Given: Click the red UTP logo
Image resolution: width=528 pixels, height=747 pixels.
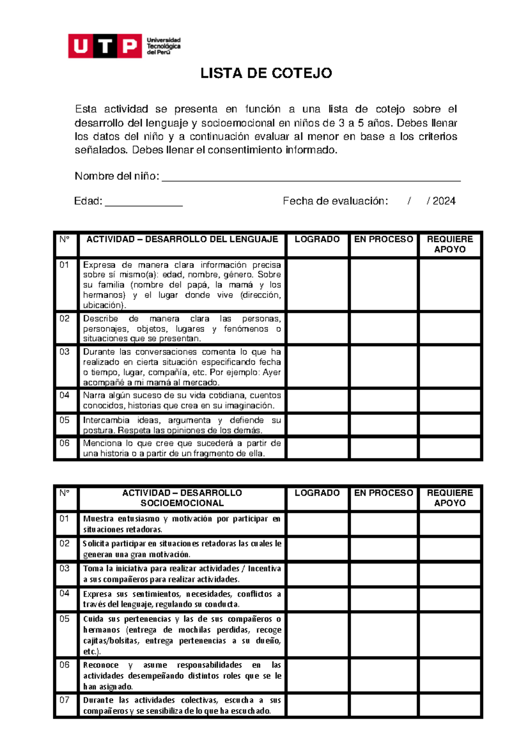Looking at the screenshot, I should click(x=105, y=46).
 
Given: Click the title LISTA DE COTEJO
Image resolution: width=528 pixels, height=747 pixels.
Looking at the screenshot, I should click(x=266, y=73).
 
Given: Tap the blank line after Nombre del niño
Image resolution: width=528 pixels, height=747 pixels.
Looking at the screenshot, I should click(x=311, y=177).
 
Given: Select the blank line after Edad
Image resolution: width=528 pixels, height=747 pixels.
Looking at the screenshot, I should click(x=143, y=202).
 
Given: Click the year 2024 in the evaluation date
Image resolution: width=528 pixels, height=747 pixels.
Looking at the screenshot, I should click(x=444, y=201).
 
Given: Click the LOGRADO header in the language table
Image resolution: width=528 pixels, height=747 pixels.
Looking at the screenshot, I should click(x=317, y=239).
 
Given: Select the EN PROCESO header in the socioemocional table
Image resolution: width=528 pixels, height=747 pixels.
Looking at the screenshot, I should click(x=384, y=493).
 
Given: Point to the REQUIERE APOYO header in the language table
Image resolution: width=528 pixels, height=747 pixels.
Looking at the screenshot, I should click(x=450, y=244).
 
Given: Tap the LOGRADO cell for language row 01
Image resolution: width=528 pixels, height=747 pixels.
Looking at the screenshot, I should click(x=317, y=285).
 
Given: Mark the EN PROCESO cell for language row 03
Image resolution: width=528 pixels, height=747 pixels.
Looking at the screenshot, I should click(x=384, y=366).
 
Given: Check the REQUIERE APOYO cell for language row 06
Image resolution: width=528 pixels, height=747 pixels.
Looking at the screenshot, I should click(x=450, y=448).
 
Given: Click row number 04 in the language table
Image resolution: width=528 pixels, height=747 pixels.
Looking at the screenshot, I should click(x=65, y=395).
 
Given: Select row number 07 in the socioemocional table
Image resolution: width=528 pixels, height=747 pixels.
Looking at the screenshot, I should click(x=65, y=700).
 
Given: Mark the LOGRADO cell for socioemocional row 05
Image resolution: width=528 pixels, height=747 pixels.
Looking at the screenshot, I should click(x=317, y=634).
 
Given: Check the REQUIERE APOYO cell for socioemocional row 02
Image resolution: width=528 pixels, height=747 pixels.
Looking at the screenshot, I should click(x=450, y=548).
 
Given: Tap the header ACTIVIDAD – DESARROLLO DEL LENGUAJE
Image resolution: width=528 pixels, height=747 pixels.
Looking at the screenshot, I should click(x=182, y=239).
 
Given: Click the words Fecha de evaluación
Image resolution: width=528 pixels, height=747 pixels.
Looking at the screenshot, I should click(x=335, y=201).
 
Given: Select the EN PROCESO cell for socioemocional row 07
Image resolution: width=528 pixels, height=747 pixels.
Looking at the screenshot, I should click(x=384, y=705).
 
